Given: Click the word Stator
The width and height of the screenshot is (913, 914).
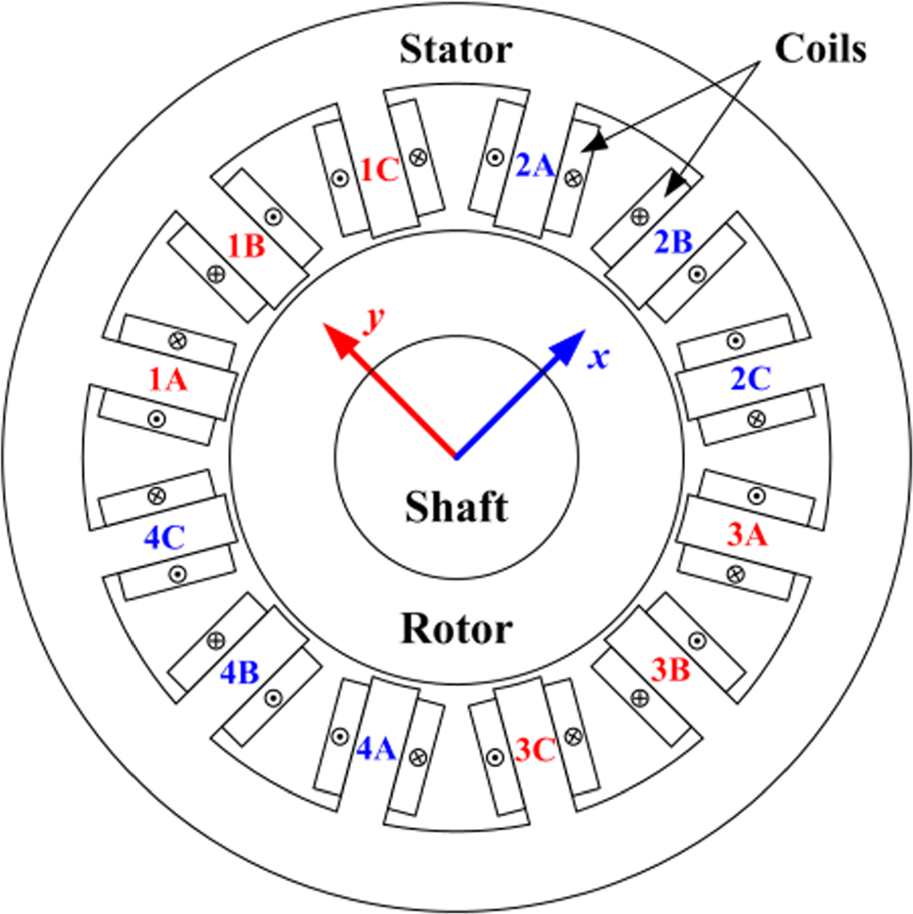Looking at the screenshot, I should [x=456, y=49].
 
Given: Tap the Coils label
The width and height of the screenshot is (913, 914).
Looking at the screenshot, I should [x=820, y=49].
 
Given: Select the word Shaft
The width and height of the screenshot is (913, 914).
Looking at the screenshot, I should [x=456, y=508].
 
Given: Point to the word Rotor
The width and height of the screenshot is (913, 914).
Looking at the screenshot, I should [x=457, y=628].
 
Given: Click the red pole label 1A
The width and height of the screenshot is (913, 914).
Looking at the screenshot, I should [x=170, y=381].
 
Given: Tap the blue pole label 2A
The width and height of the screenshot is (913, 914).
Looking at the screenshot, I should [x=536, y=167].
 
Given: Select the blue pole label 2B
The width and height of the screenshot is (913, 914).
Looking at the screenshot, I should [x=673, y=242].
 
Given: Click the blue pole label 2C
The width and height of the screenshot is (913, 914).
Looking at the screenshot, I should [x=751, y=380].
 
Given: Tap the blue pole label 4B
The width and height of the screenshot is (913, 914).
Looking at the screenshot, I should [x=240, y=674].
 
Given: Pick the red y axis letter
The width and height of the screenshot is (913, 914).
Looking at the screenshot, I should [x=375, y=320].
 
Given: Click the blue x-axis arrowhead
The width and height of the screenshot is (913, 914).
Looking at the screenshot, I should [x=569, y=345].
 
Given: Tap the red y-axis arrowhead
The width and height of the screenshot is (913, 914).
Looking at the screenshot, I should [x=337, y=337].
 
